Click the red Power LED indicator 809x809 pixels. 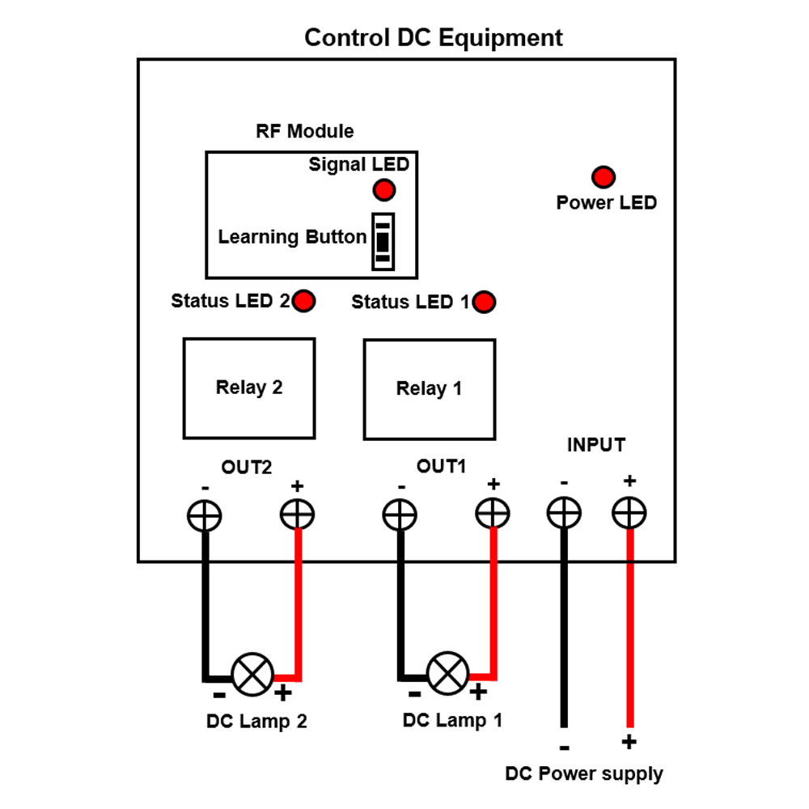coord(604,176)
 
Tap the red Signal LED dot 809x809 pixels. coord(383,190)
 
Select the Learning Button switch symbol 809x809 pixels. coord(383,242)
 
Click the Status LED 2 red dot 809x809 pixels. coord(304,301)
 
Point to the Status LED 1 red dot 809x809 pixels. coord(485,303)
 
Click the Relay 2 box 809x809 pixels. coord(249,388)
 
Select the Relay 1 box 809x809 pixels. coord(429,389)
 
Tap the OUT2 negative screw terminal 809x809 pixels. coord(205,515)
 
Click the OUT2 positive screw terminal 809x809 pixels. coord(297,513)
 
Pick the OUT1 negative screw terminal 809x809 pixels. coord(400,514)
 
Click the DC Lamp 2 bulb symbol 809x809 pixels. coord(252,673)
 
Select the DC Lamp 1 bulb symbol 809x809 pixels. coord(447,672)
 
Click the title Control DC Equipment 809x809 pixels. coord(433,38)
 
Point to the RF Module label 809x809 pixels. coord(304,131)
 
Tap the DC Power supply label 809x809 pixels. coord(583,773)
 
